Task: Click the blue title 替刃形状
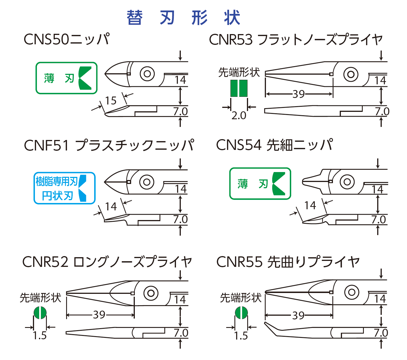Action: [183, 18]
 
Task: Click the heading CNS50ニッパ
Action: [67, 39]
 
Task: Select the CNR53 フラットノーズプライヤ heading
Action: [296, 39]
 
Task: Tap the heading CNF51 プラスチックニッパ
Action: [109, 145]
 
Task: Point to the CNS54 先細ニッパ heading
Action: [274, 145]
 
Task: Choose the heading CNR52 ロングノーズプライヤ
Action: [107, 262]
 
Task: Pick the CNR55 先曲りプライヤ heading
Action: [288, 262]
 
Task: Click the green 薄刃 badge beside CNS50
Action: [66, 78]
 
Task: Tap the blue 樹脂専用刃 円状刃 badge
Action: [64, 188]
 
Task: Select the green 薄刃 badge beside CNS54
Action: [260, 183]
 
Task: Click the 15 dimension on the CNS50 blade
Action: [111, 101]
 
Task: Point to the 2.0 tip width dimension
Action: [239, 116]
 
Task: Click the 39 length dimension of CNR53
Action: [299, 94]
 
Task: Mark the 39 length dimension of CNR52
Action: [99, 315]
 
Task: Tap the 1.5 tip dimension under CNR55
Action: [241, 336]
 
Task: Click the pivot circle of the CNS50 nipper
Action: [147, 74]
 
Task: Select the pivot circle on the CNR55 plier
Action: [352, 292]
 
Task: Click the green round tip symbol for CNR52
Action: [40, 313]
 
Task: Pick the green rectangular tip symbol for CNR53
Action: [239, 88]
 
